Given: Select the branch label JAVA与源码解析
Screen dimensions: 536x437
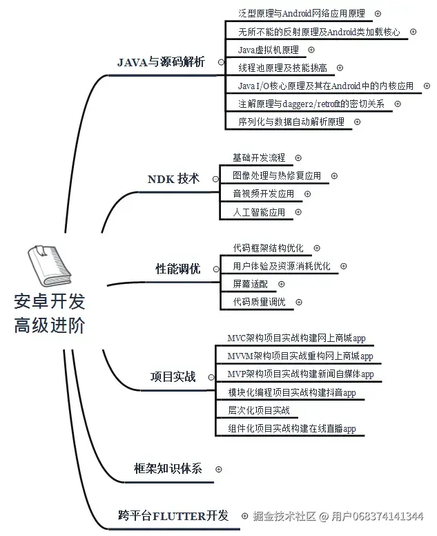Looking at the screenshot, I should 161,62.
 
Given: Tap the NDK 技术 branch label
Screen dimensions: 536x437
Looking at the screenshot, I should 173,179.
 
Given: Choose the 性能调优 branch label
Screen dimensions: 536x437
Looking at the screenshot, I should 177,269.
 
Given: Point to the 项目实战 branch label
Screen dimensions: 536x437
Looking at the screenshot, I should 173,377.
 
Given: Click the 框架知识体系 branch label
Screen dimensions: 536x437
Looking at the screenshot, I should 168,468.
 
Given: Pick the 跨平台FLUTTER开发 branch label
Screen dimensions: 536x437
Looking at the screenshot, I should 173,515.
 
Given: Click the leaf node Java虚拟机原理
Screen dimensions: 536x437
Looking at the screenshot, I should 269,50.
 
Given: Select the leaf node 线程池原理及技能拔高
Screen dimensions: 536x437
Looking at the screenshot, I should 282,68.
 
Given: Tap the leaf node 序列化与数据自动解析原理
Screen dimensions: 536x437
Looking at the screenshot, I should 291,122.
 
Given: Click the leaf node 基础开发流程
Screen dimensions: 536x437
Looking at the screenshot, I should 259,158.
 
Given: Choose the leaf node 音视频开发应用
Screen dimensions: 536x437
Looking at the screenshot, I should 263,194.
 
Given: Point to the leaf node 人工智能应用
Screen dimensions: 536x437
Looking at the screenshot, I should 259,212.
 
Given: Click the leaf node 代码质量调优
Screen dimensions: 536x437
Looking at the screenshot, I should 259,302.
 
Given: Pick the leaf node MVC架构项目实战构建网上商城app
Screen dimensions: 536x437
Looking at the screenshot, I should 296,338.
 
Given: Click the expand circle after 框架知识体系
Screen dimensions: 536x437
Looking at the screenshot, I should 219,469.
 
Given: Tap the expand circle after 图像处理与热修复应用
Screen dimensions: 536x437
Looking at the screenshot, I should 334,176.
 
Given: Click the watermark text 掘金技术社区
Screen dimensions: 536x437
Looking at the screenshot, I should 284,516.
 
